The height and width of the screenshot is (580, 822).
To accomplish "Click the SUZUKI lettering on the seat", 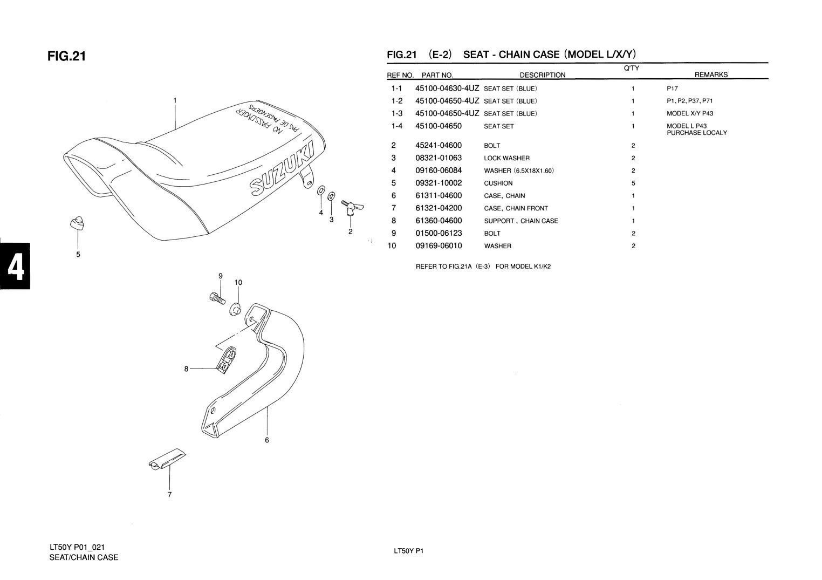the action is tap(282, 168).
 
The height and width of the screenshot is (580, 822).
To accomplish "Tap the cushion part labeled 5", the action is tap(77, 223).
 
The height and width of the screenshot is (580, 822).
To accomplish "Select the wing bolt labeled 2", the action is tap(352, 207).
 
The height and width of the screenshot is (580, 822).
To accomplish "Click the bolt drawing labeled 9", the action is tap(217, 297).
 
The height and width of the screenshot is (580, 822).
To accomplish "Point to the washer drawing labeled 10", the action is tap(235, 309).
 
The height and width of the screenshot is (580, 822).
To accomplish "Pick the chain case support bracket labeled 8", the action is tap(226, 359).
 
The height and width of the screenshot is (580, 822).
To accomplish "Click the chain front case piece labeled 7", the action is tap(167, 459).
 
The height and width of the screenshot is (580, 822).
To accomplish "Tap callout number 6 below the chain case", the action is tap(267, 440).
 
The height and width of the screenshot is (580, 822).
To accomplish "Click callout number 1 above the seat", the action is tap(175, 100).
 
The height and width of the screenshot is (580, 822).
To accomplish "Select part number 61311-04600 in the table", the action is tap(439, 196).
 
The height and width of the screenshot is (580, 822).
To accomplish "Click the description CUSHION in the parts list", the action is tap(498, 183).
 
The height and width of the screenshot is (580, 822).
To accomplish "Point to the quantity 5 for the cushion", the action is tap(633, 183).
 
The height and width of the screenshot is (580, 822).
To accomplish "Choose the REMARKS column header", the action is tap(711, 74).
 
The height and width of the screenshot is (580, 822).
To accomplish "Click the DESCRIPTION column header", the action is tap(543, 75).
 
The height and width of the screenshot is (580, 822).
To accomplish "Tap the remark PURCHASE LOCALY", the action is tap(697, 133).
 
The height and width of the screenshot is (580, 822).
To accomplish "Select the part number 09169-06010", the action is tap(439, 245).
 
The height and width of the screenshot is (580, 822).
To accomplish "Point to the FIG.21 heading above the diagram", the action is tap(67, 56).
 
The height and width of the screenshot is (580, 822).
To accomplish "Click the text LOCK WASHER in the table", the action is tap(507, 158).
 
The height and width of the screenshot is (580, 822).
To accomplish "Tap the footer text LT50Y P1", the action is tap(408, 551).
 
